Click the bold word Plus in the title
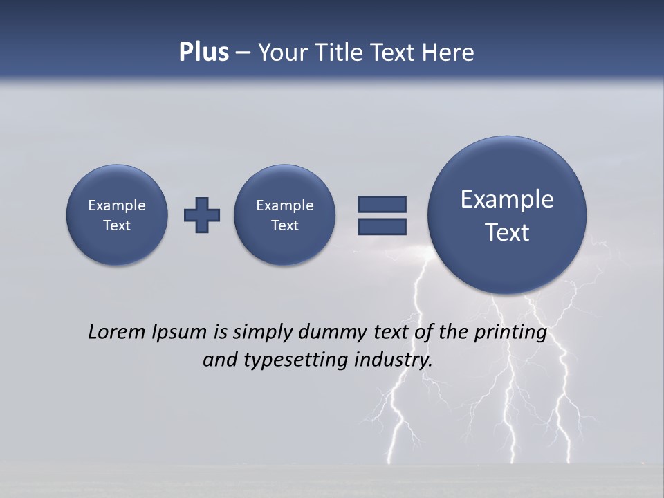203,53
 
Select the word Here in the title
449,53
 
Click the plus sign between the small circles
202,215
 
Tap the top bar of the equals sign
382,204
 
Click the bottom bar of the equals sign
382,226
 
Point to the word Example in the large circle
507,199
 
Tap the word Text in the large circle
507,232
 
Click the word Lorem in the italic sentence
116,332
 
